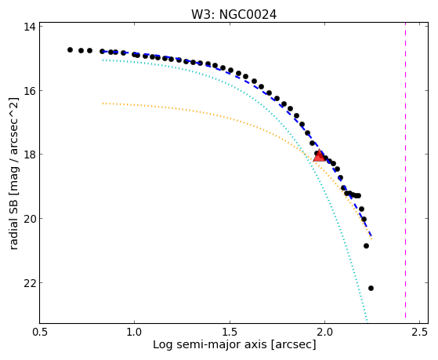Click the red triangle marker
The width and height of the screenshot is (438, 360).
pos(319,156)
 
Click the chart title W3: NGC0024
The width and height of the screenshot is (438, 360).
pos(233,15)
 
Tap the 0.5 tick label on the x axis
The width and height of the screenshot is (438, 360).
pos(40,332)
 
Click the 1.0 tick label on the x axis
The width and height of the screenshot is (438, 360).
pos(134,332)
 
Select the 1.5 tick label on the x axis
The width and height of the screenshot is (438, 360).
pos(230,332)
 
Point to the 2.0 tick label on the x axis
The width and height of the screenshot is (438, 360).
pos(324,332)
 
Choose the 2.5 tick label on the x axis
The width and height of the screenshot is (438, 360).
pos(419,332)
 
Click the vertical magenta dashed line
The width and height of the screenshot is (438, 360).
pos(405,173)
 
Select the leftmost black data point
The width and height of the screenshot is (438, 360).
pos(70,49)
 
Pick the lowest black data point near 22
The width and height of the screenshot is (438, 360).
pos(371,288)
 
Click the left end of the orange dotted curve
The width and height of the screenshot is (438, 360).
pos(103,104)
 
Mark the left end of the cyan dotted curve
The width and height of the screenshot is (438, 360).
pos(103,60)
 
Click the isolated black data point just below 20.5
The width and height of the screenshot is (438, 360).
pos(366,245)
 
